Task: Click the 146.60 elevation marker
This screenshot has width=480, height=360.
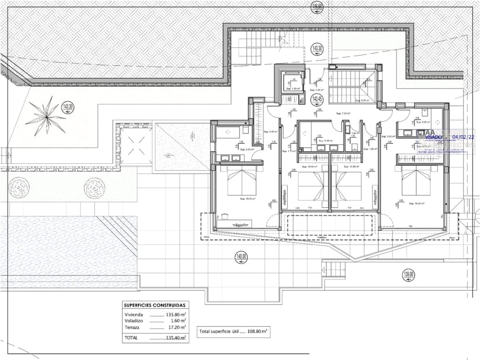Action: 317,7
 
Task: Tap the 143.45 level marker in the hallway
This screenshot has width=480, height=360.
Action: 317,99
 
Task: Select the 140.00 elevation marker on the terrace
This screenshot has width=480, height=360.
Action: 241,257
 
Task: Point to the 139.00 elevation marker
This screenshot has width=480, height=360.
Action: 409,275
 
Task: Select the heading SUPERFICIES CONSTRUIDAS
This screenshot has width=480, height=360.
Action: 154,305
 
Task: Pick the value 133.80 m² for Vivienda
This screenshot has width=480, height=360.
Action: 176,315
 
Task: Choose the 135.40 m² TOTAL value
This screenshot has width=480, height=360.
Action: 176,337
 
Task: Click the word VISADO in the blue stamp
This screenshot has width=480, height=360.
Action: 433,137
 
